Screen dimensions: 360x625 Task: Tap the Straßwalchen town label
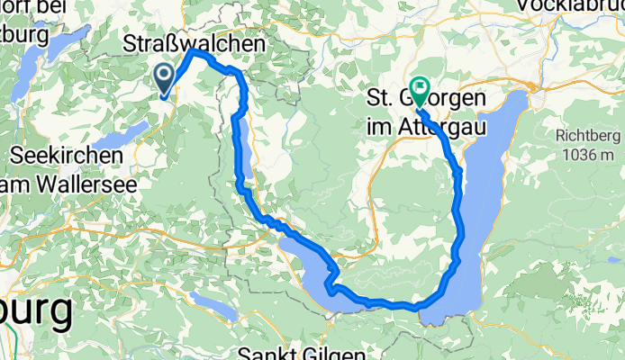194,43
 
